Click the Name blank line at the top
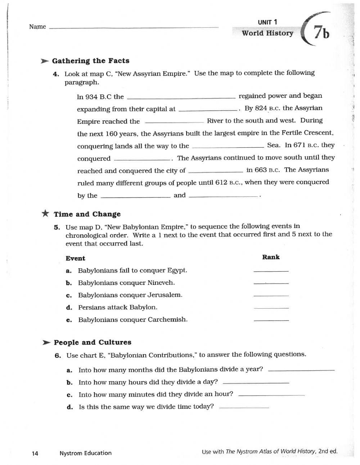coord(133,27)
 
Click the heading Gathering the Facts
coord(90,61)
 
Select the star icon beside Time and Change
coord(45,214)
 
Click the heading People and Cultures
coord(92,343)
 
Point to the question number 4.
coord(56,74)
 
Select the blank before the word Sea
coord(228,146)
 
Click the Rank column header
coord(271,257)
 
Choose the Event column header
coord(75,259)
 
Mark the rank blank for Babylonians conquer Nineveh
coord(271,283)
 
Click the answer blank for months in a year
coord(301,370)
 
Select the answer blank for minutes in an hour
coord(271,395)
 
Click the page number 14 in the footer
coord(35,453)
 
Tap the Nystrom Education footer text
coord(85,453)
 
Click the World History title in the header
coord(267,33)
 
